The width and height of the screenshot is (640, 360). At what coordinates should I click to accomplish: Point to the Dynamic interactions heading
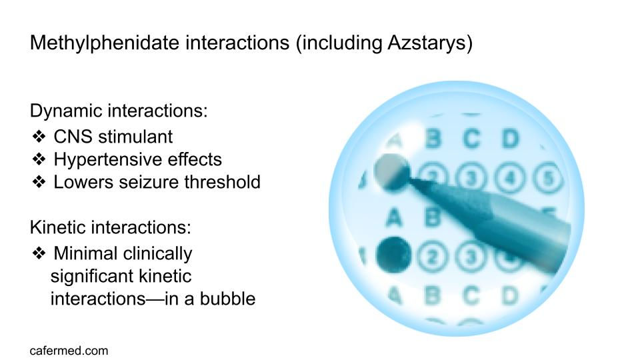119,111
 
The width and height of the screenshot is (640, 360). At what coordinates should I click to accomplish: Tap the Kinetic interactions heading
111,227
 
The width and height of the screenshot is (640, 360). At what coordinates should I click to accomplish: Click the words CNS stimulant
113,137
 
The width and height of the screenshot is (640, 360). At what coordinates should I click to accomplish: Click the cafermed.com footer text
69,350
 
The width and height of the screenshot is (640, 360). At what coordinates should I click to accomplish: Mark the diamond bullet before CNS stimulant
39,137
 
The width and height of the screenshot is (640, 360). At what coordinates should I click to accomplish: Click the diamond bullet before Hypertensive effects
39,160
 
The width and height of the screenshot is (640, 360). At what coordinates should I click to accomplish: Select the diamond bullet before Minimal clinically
39,253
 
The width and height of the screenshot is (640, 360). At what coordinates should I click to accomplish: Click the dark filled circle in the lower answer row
393,254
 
